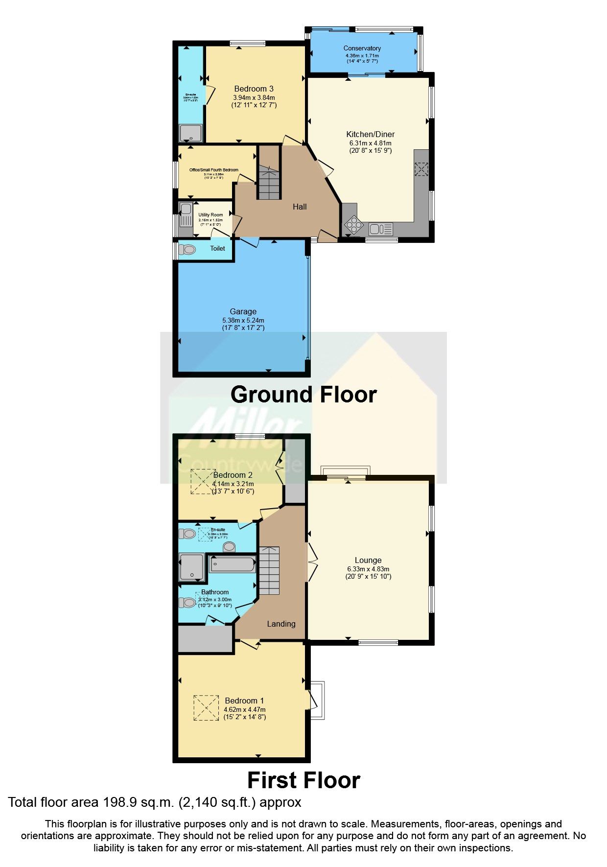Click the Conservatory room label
pyautogui.click(x=362, y=48)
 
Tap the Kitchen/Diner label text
pyautogui.click(x=370, y=134)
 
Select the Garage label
pyautogui.click(x=243, y=311)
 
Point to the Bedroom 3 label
pyautogui.click(x=254, y=89)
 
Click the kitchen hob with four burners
pyautogui.click(x=352, y=225)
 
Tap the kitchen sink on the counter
pyautogui.click(x=375, y=229)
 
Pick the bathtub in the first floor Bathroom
pyautogui.click(x=233, y=564)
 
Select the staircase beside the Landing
pyautogui.click(x=269, y=570)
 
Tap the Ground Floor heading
pyautogui.click(x=303, y=395)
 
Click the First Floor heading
pyautogui.click(x=303, y=780)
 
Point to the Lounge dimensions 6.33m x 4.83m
pyautogui.click(x=368, y=569)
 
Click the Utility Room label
pyautogui.click(x=210, y=215)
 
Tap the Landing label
pyautogui.click(x=281, y=624)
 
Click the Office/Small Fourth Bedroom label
pyautogui.click(x=214, y=170)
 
